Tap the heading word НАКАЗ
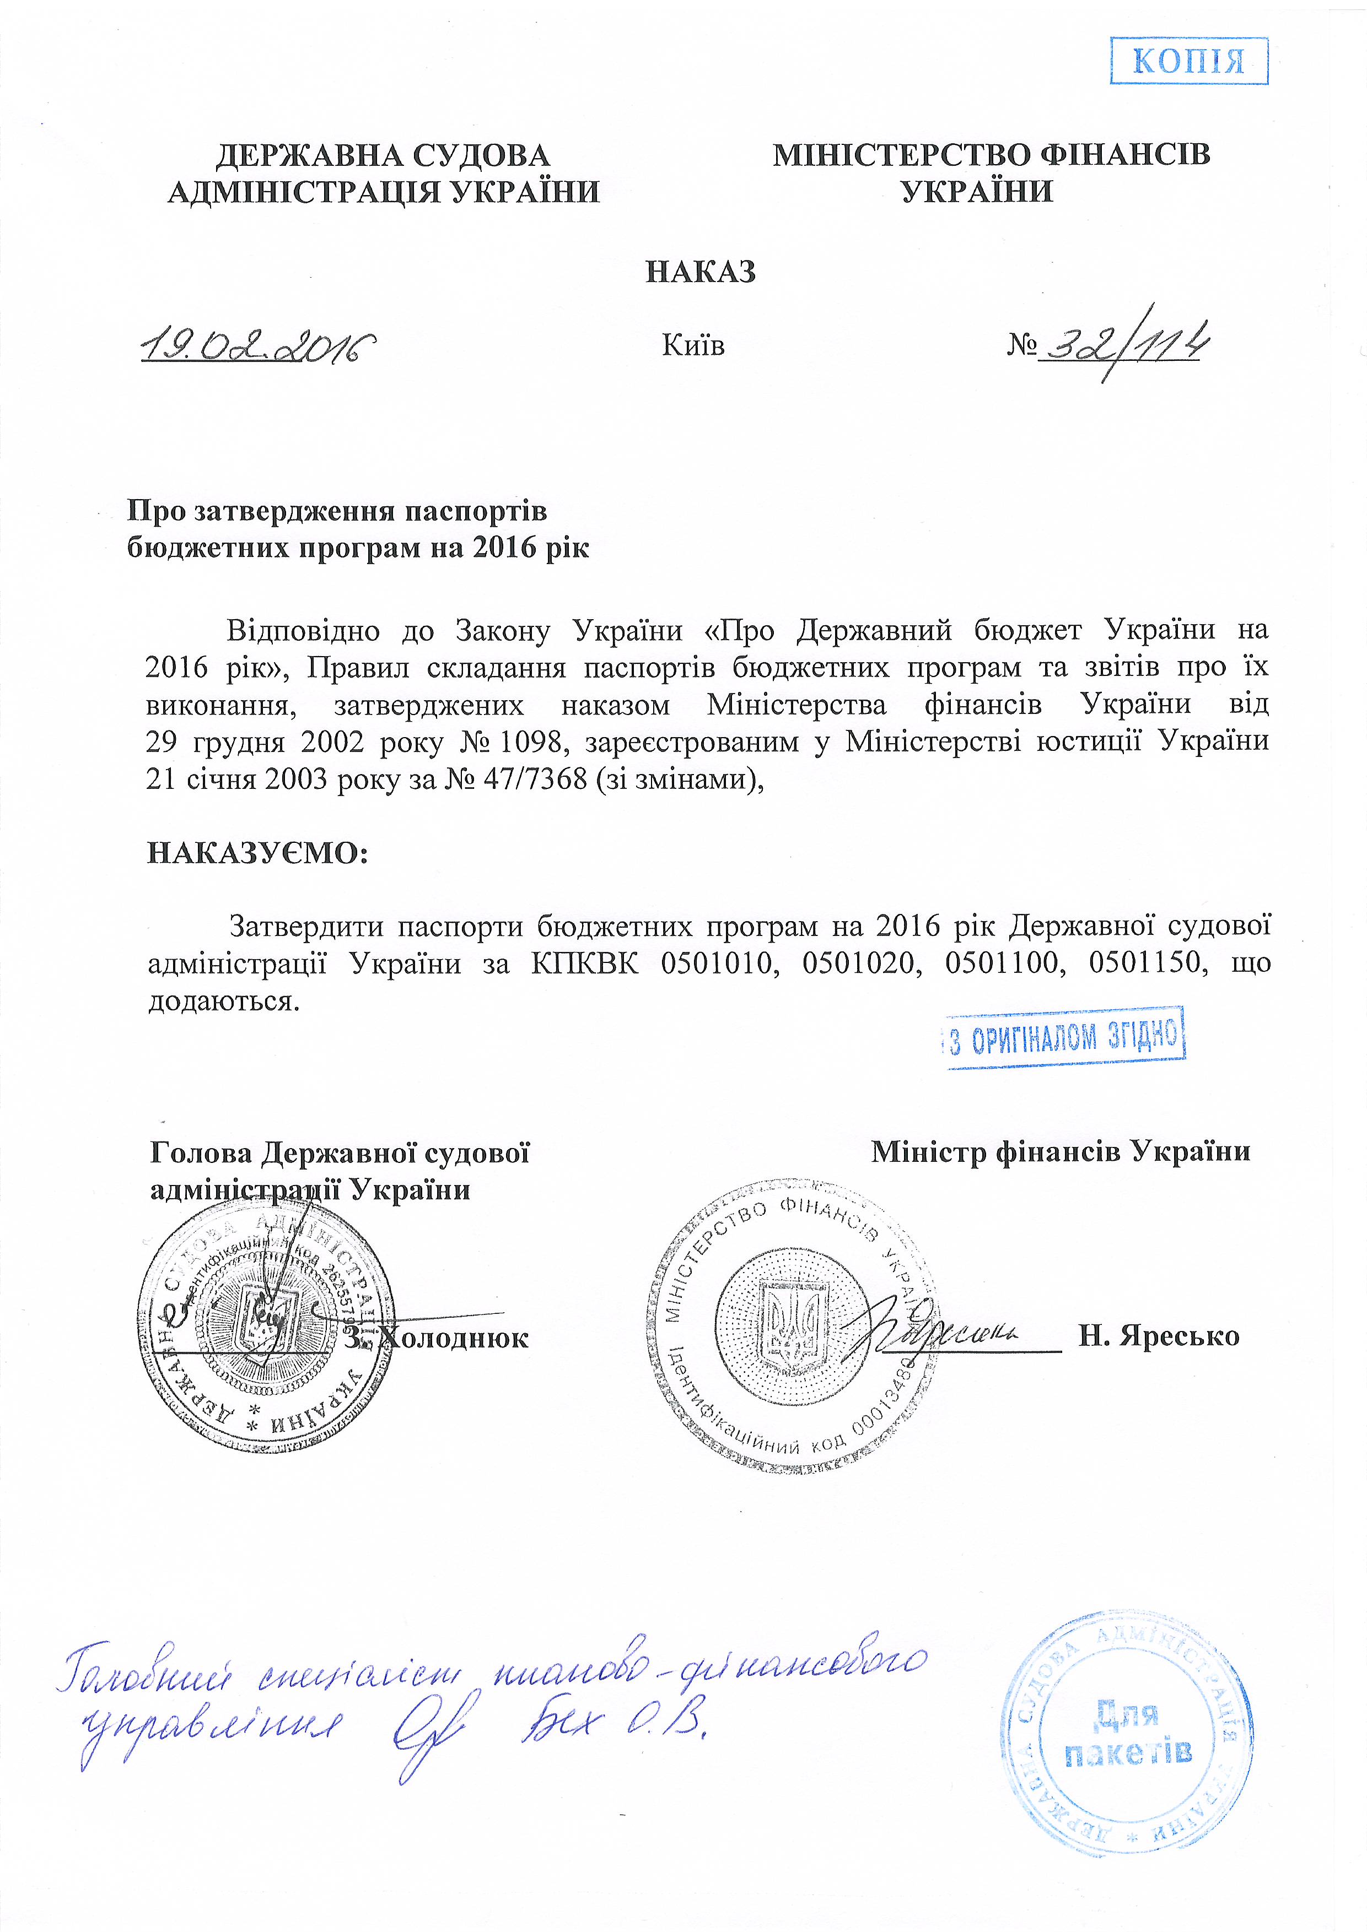701,272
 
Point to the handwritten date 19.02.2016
257,344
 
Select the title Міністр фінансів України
1061,1151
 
